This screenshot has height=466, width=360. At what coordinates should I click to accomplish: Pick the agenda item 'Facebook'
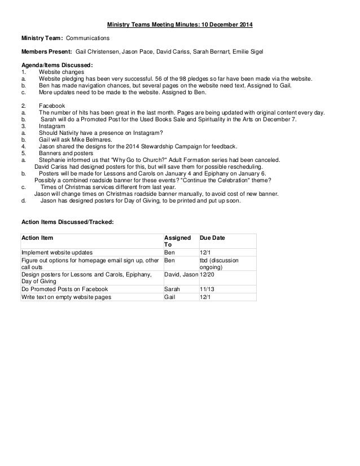pos(51,105)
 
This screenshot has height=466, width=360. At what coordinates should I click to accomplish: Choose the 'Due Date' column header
pos(213,239)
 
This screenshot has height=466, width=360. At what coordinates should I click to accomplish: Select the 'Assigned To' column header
pos(176,242)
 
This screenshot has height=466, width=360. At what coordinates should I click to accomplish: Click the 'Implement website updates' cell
pos(57,252)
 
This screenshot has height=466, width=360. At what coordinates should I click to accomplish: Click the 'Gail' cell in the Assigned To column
pos(169,297)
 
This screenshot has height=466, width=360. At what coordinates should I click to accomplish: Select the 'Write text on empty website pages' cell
pos(66,297)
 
